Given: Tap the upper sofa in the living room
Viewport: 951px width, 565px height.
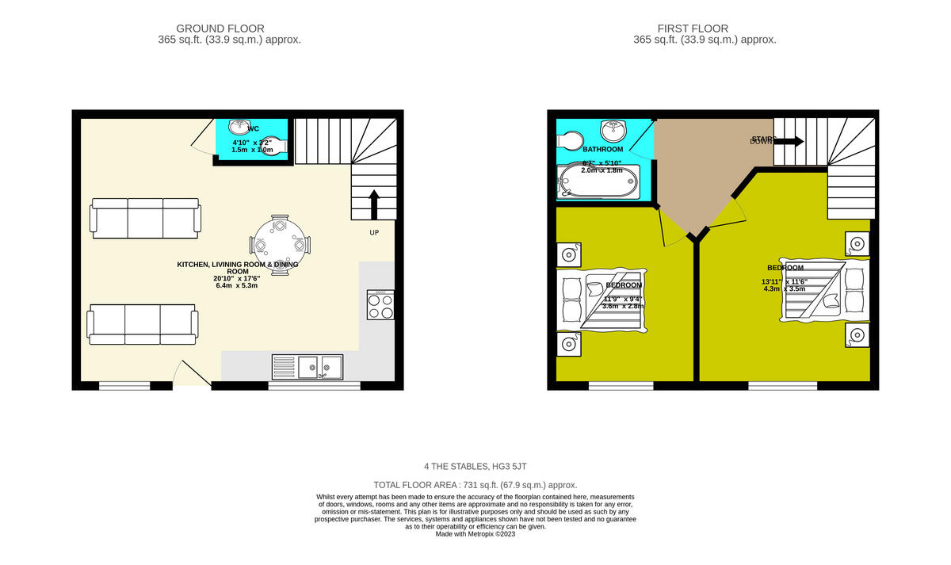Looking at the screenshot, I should coord(146,218).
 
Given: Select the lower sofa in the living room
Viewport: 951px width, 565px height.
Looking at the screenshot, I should coord(143,324).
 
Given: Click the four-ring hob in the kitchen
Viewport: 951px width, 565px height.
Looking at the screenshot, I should coord(380,305).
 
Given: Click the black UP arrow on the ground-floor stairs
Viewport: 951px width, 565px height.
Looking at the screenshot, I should coord(373,204).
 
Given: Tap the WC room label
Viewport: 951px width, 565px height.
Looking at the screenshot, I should coord(253,128).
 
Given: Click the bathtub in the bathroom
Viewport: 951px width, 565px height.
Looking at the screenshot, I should coord(598,181).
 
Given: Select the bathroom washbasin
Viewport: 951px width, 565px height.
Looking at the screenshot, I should coord(613,129).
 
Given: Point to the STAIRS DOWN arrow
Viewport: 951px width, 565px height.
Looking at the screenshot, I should coord(788,141).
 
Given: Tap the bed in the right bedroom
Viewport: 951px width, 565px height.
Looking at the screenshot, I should coord(824,290).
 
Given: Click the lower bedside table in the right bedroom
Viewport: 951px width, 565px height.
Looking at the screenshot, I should coord(856,335).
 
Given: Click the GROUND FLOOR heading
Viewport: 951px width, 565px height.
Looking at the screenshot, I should coord(220,29).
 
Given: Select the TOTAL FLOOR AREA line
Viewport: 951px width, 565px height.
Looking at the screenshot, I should coord(475,484).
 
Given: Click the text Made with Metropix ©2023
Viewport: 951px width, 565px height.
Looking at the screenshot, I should coord(475,534).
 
